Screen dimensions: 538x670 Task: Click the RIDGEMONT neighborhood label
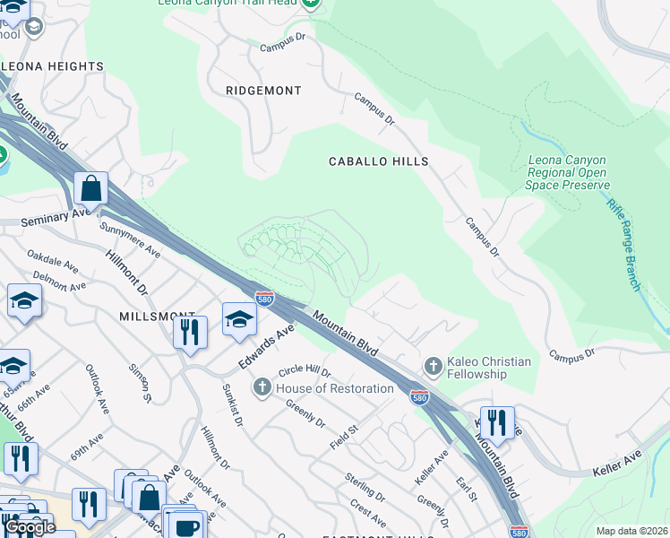coord(263,91)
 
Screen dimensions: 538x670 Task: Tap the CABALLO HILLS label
coord(378,161)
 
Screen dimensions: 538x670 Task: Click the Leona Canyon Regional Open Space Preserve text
coord(568,172)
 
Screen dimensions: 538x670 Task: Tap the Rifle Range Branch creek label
coord(623,246)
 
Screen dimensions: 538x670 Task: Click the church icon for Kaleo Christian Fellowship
coord(433,366)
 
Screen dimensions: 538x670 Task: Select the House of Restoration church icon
coord(262,387)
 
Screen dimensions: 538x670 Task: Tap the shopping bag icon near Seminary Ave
coord(91,188)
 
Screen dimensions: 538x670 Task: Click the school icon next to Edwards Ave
coord(239,319)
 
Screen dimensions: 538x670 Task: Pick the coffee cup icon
coord(186,527)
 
